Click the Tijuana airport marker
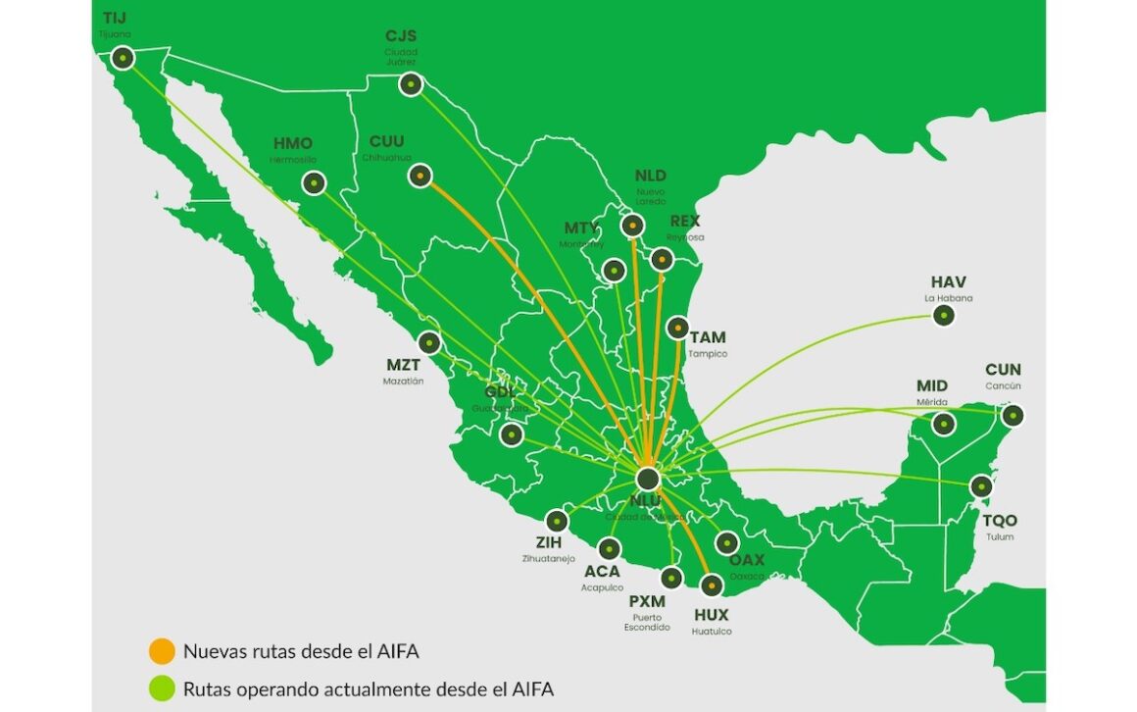123,58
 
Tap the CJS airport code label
402,37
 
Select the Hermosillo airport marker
314,182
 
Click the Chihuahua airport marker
420,176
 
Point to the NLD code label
650,176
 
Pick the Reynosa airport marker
662,259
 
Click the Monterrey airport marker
615,270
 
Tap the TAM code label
708,337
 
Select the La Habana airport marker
943,316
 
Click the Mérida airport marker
943,424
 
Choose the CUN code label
1003,370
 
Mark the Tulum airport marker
980,485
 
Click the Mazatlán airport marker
428,343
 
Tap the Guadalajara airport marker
510,433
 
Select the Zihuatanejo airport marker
557,522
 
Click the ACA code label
602,571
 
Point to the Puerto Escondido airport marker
670,578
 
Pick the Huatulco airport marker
712,585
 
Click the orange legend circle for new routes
161,650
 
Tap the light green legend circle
161,688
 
